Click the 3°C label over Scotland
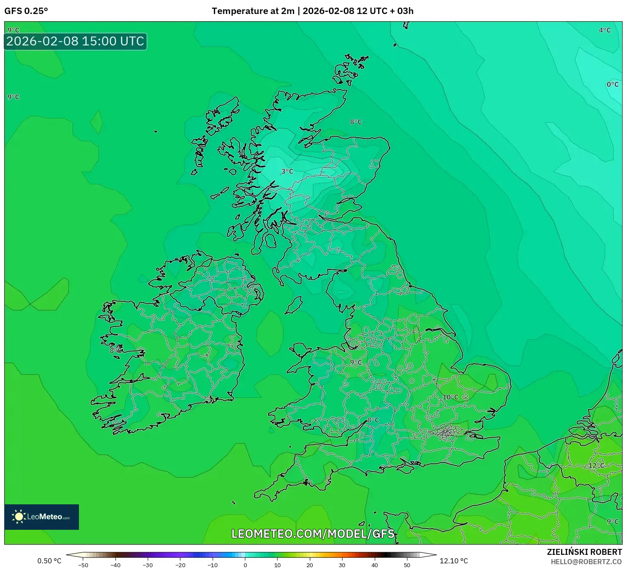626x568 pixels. tap(287, 172)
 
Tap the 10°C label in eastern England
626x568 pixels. tap(450, 397)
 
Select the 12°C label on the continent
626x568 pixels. tap(596, 466)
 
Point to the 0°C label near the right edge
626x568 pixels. tap(612, 84)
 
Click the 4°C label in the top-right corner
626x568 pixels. tap(604, 30)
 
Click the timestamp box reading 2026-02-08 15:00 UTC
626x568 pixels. tap(76, 42)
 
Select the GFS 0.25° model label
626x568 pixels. tap(26, 11)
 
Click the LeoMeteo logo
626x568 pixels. tap(42, 517)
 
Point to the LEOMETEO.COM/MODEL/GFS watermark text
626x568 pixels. tap(313, 534)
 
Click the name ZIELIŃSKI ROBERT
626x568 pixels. tap(584, 552)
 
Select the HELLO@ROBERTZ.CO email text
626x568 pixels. tap(586, 562)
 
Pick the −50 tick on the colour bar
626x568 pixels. tap(83, 565)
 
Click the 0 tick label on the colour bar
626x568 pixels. tap(245, 565)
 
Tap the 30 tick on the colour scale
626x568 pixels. tap(342, 565)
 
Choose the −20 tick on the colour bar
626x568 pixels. tap(180, 565)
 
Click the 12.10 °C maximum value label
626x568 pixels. tap(453, 561)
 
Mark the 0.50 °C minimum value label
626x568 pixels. tap(49, 561)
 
